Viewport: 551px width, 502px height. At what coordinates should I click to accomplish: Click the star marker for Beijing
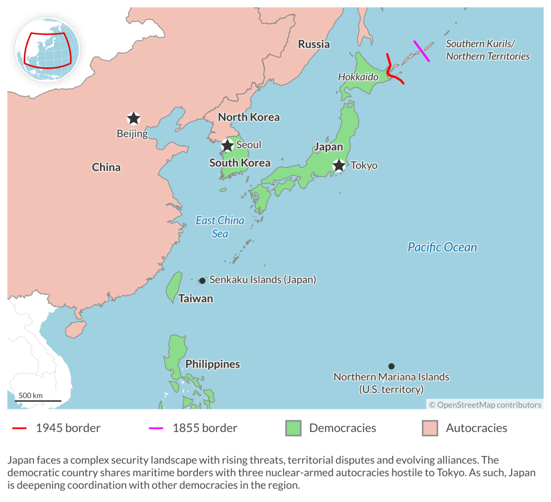134,118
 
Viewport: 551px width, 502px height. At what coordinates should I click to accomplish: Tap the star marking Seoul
227,145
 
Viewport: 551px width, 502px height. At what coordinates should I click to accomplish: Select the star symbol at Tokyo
339,166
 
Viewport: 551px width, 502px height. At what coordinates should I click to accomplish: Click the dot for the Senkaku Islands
202,280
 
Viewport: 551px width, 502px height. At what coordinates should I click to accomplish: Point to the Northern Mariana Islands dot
391,366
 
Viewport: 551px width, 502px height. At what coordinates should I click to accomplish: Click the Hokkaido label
358,77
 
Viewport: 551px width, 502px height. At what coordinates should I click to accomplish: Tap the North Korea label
249,117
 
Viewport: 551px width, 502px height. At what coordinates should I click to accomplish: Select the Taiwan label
195,299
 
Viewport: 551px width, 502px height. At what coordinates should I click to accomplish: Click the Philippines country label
213,364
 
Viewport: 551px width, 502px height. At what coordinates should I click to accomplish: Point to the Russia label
314,44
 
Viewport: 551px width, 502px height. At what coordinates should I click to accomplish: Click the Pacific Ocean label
442,247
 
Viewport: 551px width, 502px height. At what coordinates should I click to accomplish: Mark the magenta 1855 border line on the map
422,51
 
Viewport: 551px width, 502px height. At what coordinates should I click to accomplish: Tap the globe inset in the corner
47,49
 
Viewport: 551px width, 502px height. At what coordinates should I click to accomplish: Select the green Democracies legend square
293,428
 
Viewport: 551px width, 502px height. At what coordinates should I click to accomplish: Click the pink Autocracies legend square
429,428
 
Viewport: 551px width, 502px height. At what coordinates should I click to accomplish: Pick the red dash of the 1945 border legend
19,428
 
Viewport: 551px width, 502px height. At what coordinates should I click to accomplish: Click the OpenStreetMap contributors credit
485,405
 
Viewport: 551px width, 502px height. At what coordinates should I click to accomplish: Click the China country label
106,167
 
